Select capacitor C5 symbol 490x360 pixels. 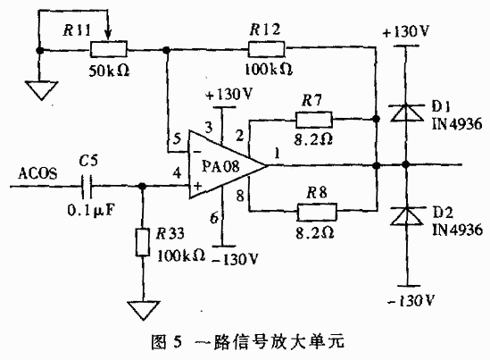84,188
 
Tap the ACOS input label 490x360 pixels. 37,176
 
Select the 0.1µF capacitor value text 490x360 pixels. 87,211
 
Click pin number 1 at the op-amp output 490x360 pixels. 280,153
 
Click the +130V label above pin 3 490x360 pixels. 230,93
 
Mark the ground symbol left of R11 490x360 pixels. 37,89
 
